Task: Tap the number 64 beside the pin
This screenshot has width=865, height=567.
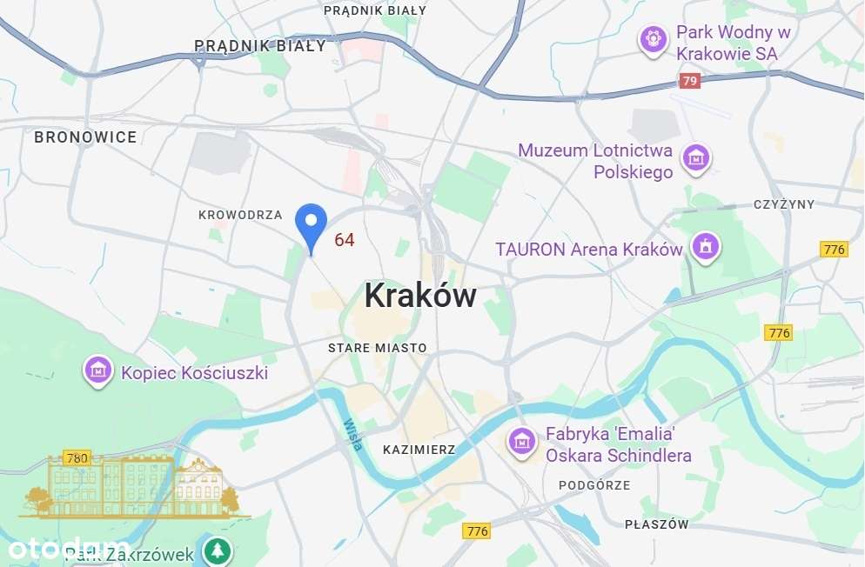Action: pyautogui.click(x=345, y=240)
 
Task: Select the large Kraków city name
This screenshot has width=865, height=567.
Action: pyautogui.click(x=420, y=296)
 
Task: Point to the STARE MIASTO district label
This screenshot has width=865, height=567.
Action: pyautogui.click(x=378, y=348)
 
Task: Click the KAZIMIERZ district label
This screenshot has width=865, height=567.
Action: pyautogui.click(x=419, y=450)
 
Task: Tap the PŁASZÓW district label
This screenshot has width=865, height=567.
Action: pyautogui.click(x=657, y=524)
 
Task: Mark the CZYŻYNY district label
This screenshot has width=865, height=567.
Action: pyautogui.click(x=784, y=204)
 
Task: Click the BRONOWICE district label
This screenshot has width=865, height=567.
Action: pyautogui.click(x=85, y=137)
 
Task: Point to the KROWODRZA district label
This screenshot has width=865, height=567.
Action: pyautogui.click(x=240, y=215)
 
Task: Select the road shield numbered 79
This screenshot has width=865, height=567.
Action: pyautogui.click(x=690, y=81)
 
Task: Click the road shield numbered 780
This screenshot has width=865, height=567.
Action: pyautogui.click(x=77, y=457)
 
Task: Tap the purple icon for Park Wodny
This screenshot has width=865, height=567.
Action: pyautogui.click(x=653, y=39)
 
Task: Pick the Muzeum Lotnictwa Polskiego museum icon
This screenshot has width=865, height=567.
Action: pyautogui.click(x=695, y=158)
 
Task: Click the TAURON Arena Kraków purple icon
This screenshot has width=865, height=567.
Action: pyautogui.click(x=705, y=246)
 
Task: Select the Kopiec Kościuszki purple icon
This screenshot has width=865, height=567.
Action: pyautogui.click(x=98, y=370)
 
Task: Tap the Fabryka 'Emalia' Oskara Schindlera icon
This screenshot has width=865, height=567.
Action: pyautogui.click(x=521, y=442)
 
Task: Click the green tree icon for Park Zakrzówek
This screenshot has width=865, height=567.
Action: pyautogui.click(x=218, y=550)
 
